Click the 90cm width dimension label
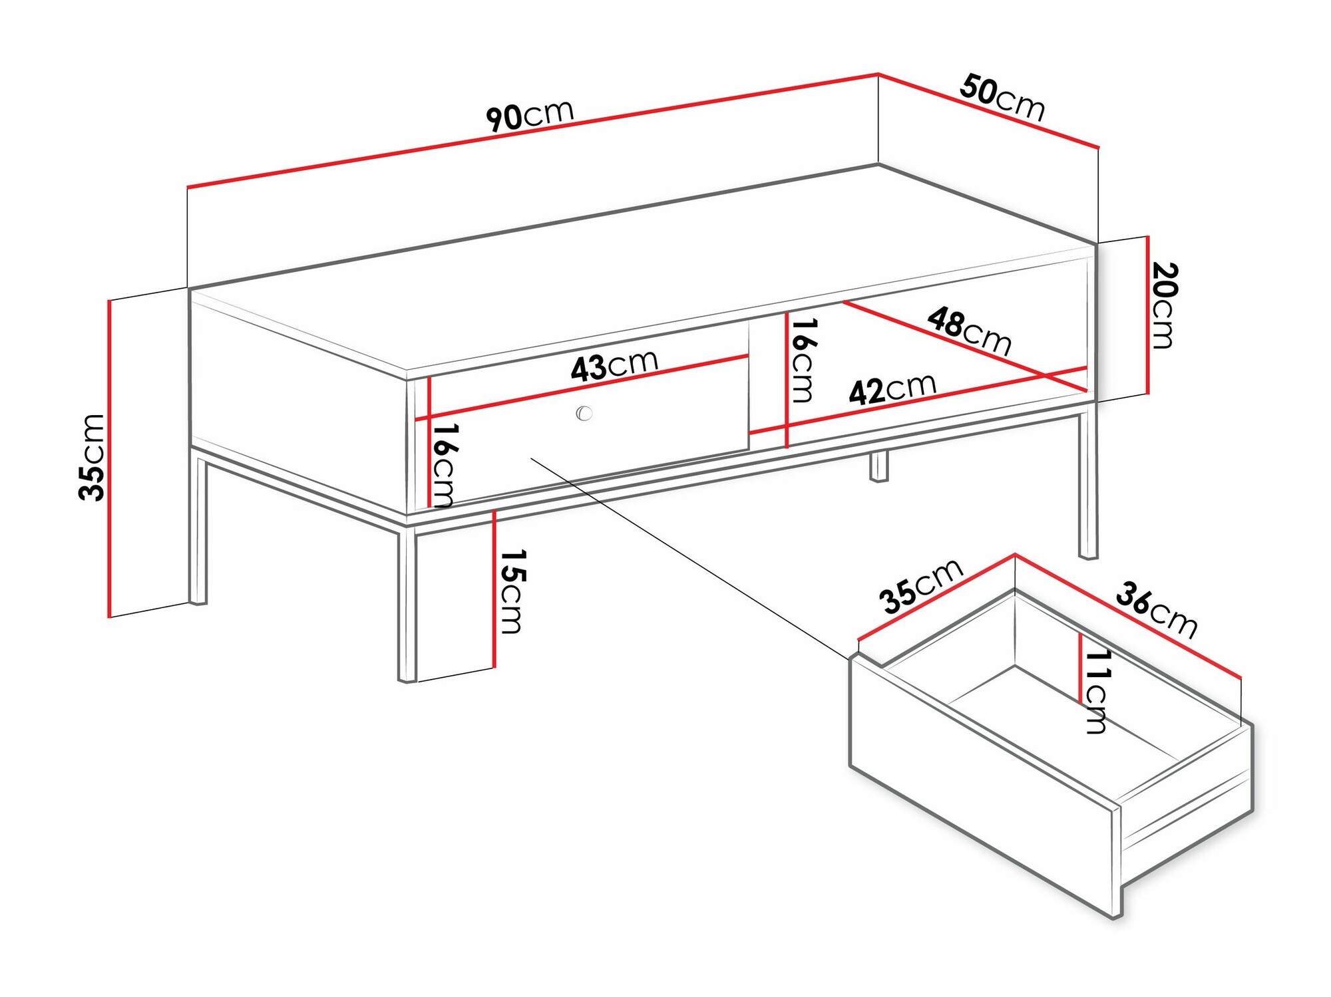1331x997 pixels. point(530,116)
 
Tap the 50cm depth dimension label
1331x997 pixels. point(1002,98)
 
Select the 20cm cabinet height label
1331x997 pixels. point(1164,305)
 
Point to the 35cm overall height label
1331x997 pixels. point(92,457)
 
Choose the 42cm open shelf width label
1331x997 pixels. point(892,389)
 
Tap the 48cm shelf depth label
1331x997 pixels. point(970,330)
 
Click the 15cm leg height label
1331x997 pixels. point(513,591)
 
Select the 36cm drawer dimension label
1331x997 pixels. point(1157,609)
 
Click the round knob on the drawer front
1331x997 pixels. point(584,413)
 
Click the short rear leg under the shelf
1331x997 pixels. point(878,466)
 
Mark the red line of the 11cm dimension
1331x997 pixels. point(1081,668)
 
